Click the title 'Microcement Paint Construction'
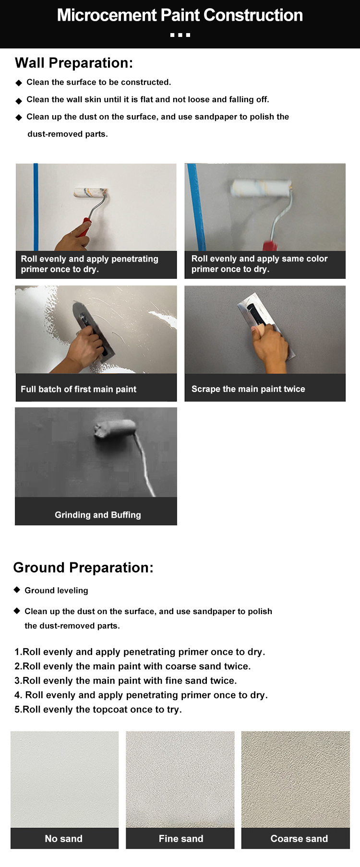click(x=180, y=15)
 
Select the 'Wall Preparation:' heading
click(x=74, y=63)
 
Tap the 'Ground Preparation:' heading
click(x=83, y=568)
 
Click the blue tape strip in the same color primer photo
click(x=196, y=207)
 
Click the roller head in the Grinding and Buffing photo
click(x=115, y=428)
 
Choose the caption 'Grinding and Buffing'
click(x=98, y=515)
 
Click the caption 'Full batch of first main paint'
click(x=78, y=389)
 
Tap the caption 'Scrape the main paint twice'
click(x=248, y=389)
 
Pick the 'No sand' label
click(x=64, y=839)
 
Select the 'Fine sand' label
click(x=181, y=839)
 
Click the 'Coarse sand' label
click(x=299, y=839)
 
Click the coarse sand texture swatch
click(x=296, y=779)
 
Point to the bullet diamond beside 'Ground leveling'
click(x=17, y=590)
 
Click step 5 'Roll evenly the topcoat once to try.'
click(x=98, y=710)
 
